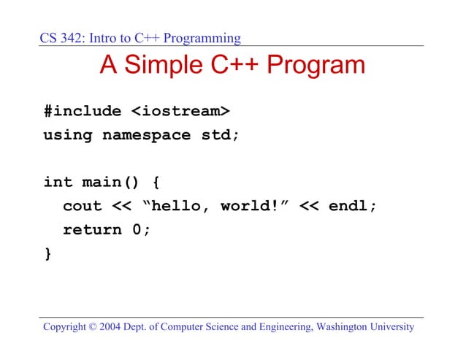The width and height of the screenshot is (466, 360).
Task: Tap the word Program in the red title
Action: click(x=316, y=66)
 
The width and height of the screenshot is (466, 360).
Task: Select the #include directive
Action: click(x=83, y=112)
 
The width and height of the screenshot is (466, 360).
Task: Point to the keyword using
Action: click(x=68, y=135)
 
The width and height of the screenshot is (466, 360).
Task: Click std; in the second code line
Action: click(x=220, y=135)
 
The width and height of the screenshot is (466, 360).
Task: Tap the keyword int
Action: click(x=58, y=183)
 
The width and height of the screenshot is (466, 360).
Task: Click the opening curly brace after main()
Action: click(x=156, y=183)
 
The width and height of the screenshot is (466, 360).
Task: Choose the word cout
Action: click(x=83, y=206)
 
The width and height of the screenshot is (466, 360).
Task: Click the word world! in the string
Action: click(x=249, y=206)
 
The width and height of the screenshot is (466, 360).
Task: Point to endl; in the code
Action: click(x=353, y=206)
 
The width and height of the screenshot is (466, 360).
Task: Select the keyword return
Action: click(x=92, y=230)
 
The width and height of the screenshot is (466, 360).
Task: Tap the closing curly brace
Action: click(x=48, y=253)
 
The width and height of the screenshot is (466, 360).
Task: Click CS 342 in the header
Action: click(x=61, y=38)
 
